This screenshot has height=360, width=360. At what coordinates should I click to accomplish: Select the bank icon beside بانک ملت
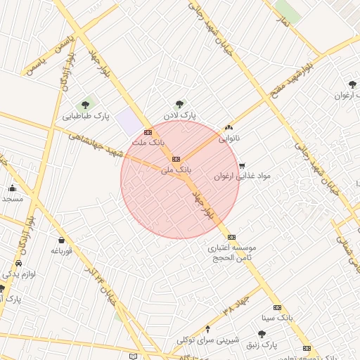(x=148, y=131)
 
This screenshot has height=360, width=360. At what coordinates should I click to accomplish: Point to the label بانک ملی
(x=175, y=169)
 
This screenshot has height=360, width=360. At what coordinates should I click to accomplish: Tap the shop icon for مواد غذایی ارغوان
(x=243, y=166)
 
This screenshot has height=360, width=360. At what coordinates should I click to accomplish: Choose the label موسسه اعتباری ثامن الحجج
(x=232, y=253)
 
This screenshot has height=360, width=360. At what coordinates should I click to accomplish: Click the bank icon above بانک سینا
(x=277, y=307)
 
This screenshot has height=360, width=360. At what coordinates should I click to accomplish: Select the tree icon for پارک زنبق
(x=262, y=334)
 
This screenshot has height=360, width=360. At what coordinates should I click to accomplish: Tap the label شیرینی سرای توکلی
(x=206, y=340)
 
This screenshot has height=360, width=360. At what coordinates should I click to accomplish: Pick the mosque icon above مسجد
(x=13, y=188)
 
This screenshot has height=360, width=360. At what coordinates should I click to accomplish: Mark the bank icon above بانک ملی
(x=176, y=159)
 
